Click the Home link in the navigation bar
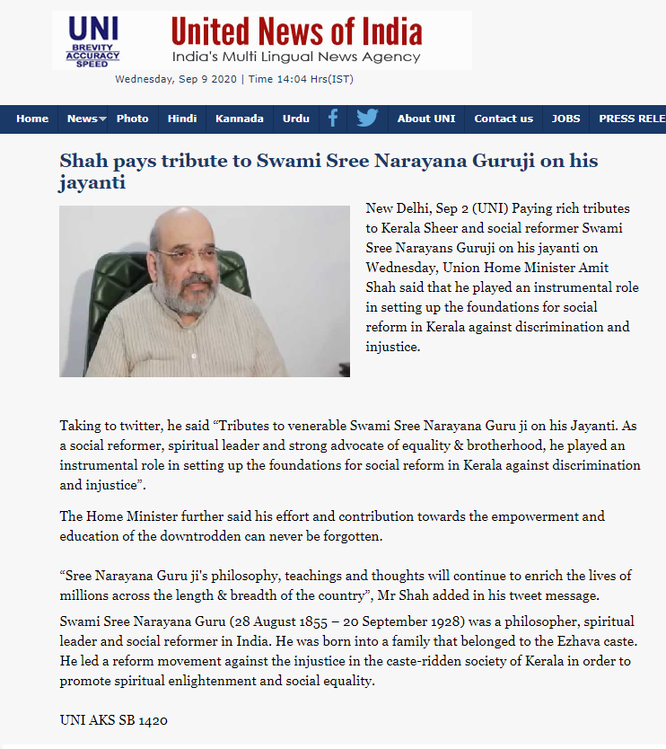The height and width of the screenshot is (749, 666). click(32, 119)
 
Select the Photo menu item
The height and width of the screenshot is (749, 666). click(133, 119)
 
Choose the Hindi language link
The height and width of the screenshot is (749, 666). click(182, 119)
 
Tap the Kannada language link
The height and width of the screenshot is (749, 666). click(240, 119)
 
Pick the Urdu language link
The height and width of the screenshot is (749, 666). click(296, 119)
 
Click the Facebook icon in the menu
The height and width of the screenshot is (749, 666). click(333, 119)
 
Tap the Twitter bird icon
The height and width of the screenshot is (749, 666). click(367, 119)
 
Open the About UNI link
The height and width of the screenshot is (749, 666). click(426, 119)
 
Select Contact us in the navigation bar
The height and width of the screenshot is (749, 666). click(504, 119)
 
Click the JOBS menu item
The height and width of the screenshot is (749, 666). click(565, 119)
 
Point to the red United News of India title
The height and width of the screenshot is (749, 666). click(296, 32)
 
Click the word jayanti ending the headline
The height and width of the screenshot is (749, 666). click(92, 183)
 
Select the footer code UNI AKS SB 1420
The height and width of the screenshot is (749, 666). click(114, 719)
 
